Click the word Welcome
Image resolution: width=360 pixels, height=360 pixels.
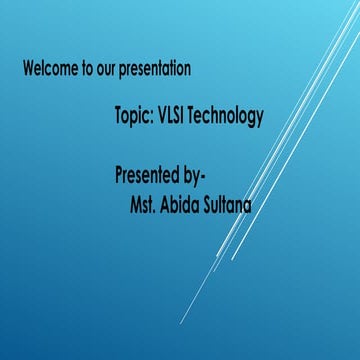point(47,70)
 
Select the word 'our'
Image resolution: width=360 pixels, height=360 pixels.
point(105,71)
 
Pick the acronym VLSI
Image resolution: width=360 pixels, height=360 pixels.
point(174,117)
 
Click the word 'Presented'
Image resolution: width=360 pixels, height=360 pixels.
point(150,177)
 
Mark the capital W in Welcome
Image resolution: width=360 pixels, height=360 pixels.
point(28,70)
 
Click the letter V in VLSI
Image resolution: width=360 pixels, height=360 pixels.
point(161,117)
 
